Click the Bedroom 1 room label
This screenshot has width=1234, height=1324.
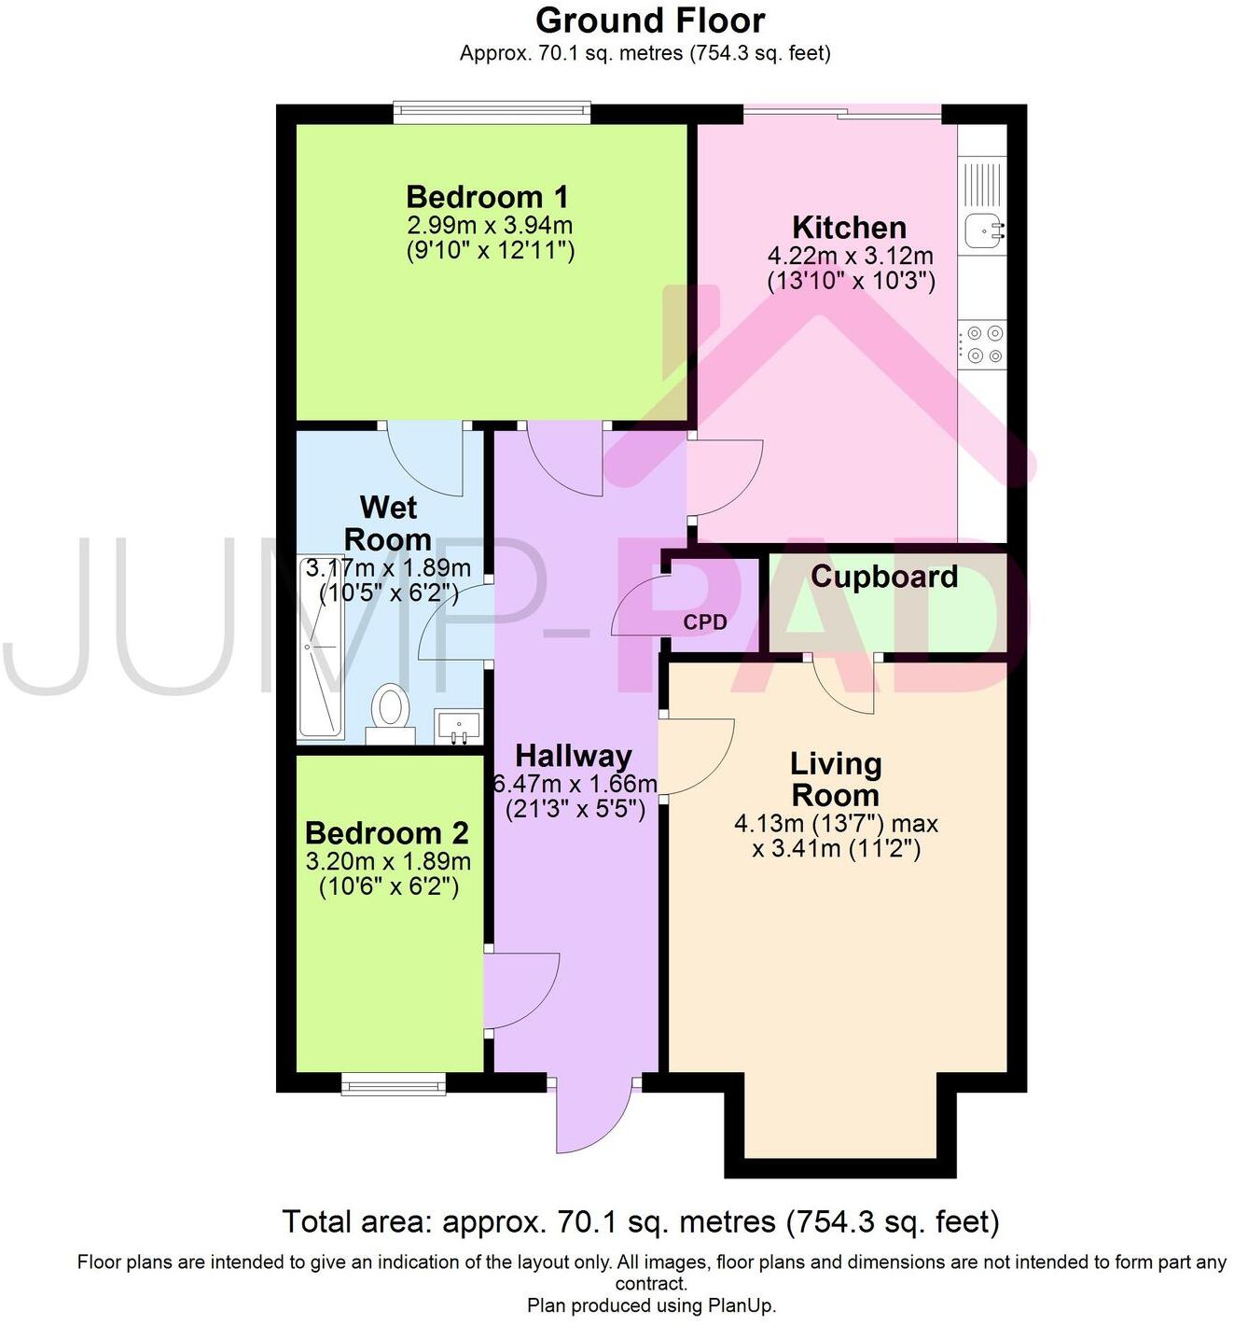pos(487,197)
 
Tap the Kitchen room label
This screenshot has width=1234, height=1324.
pos(849,227)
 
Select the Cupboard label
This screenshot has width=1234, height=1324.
pos(883,577)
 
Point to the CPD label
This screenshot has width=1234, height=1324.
pos(705,622)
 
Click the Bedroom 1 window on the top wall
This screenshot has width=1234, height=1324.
pos(492,113)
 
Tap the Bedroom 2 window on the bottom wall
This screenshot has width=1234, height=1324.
pos(393,1083)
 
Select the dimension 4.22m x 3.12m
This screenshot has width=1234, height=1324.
pos(850,256)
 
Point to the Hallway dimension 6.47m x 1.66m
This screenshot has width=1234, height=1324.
pos(575,784)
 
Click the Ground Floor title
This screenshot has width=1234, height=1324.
pos(650,20)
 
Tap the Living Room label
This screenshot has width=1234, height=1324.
pos(835,779)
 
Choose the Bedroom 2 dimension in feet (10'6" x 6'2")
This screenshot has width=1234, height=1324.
pos(388,886)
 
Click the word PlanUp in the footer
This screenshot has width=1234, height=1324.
pos(741,1305)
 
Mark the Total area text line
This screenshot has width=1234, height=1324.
pos(640,1221)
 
